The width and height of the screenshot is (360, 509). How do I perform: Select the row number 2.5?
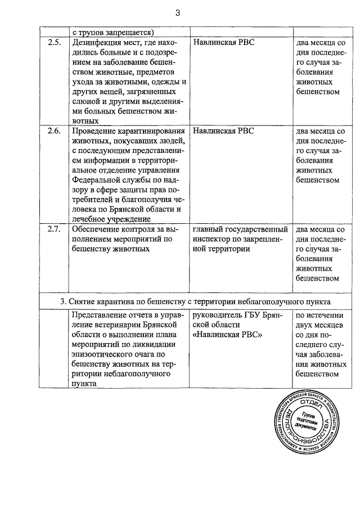click(54, 43)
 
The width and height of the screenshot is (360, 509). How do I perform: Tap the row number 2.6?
click(54, 131)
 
